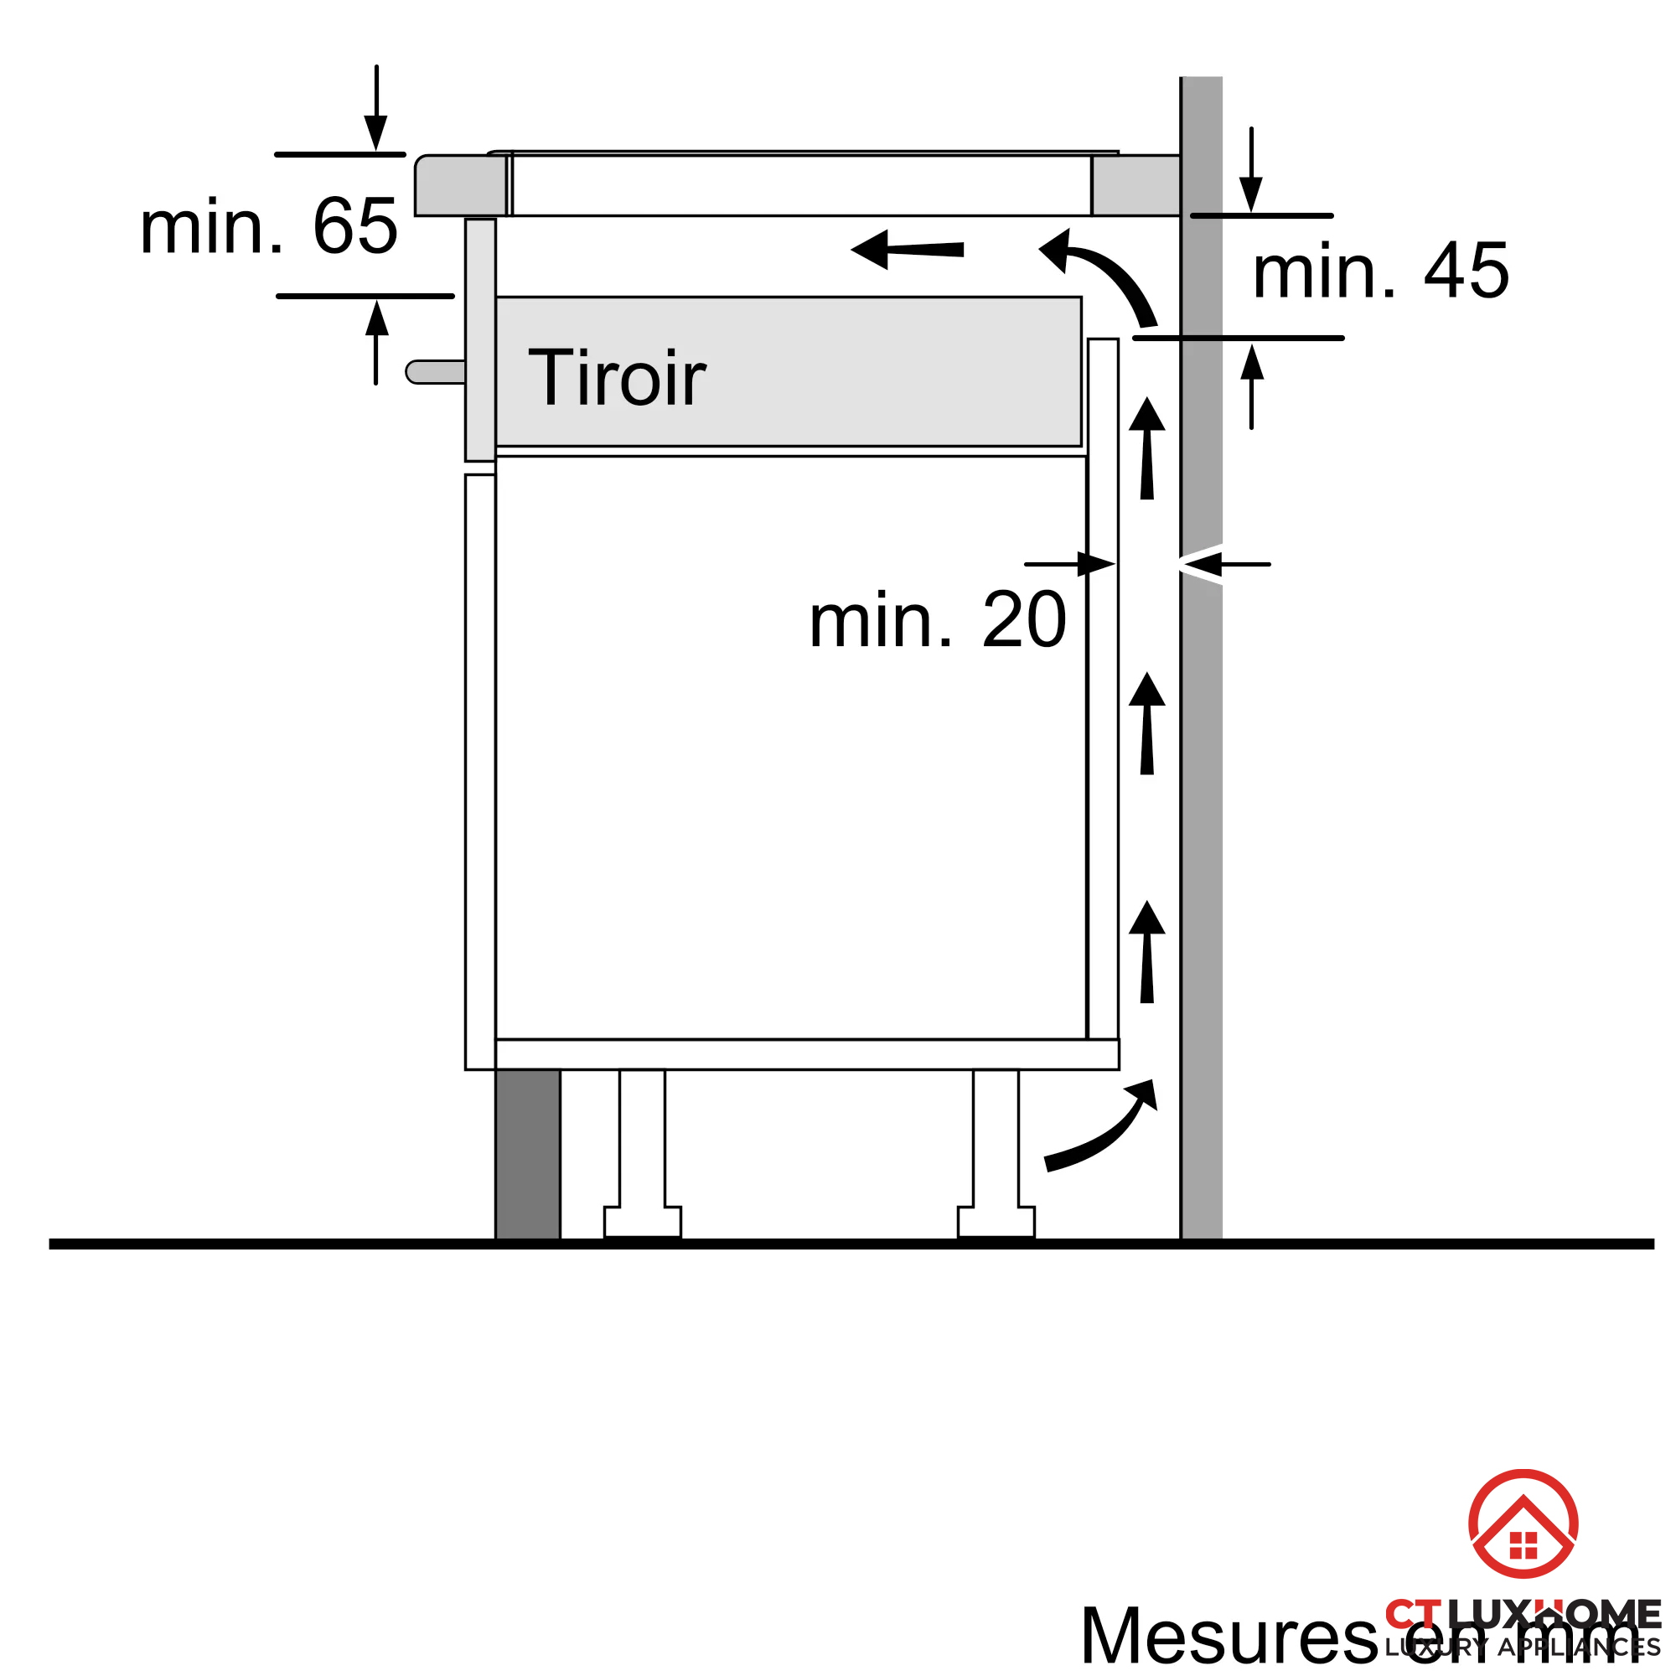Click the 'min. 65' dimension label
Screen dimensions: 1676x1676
tap(269, 226)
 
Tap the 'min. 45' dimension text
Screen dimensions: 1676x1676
tap(1380, 272)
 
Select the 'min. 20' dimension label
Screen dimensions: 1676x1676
tap(937, 620)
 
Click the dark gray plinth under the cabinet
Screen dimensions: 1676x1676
tap(527, 1154)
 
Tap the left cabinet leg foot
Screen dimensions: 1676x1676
tap(642, 1222)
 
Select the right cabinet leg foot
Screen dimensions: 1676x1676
tap(996, 1222)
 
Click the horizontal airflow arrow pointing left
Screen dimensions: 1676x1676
tap(907, 250)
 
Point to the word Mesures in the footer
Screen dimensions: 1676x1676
tap(1228, 1636)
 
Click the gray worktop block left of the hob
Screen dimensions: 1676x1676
tap(460, 184)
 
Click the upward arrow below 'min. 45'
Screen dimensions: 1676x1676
tap(1251, 386)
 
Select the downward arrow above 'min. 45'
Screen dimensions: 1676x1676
tap(1251, 169)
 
